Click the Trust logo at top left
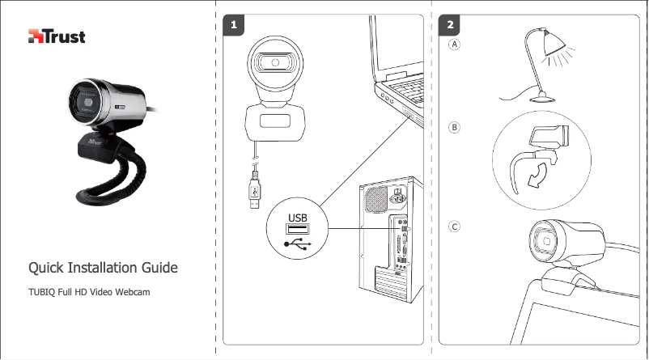coord(57,36)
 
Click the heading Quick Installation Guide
coord(104,268)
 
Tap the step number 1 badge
coord(234,26)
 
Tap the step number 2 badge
coord(450,26)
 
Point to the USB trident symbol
coord(297,241)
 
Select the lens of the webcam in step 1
coord(277,63)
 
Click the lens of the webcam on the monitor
coord(547,241)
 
